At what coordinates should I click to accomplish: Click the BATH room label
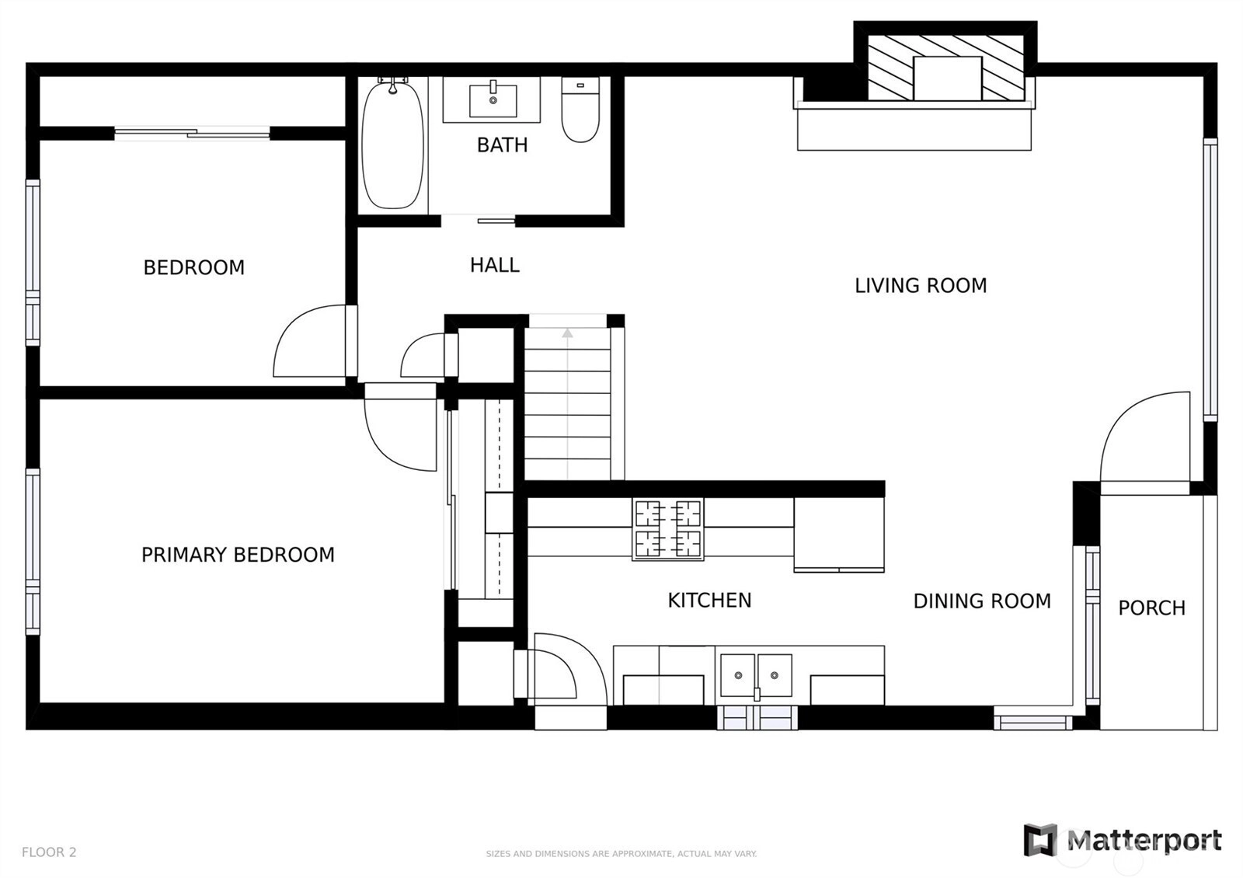click(502, 145)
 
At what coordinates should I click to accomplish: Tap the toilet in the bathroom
click(580, 110)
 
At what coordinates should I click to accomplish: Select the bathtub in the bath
click(392, 145)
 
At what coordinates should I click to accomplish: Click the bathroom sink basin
click(493, 100)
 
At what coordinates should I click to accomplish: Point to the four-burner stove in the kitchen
click(668, 529)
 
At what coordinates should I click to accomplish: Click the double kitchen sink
click(756, 675)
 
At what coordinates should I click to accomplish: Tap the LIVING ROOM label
click(921, 286)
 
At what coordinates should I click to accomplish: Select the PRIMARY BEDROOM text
click(238, 555)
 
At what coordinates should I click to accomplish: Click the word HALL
click(494, 265)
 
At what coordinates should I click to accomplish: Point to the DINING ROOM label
click(982, 601)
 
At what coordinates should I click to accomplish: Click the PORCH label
click(1151, 608)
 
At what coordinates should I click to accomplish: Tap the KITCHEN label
click(709, 601)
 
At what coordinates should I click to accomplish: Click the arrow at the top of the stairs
click(567, 333)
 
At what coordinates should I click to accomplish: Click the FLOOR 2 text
click(49, 852)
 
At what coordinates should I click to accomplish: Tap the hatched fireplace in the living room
click(945, 68)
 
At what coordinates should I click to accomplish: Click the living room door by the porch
click(1145, 443)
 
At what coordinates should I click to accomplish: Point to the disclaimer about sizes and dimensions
click(621, 854)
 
